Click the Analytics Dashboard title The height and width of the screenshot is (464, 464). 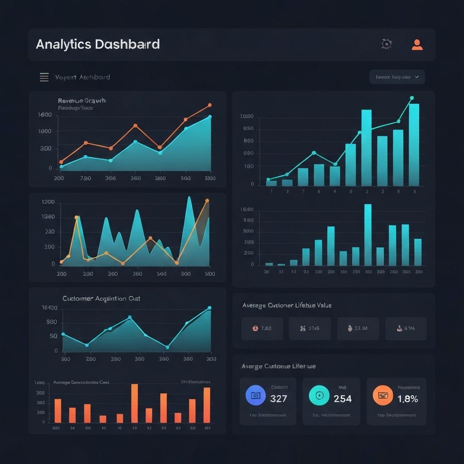pyautogui.click(x=97, y=44)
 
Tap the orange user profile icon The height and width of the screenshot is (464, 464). pyautogui.click(x=417, y=44)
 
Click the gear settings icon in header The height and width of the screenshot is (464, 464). pyautogui.click(x=387, y=44)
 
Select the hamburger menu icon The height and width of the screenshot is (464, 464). pyautogui.click(x=44, y=77)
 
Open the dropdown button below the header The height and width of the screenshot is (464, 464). pyautogui.click(x=397, y=77)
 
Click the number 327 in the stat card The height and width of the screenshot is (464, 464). pyautogui.click(x=278, y=399)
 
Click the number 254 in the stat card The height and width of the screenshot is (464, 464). pyautogui.click(x=343, y=399)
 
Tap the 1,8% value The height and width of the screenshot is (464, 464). pyautogui.click(x=408, y=399)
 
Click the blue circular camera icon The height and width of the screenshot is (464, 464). pyautogui.click(x=255, y=396)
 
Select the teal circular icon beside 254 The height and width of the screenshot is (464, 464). pyautogui.click(x=319, y=396)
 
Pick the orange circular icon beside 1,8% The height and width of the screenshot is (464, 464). pyautogui.click(x=382, y=396)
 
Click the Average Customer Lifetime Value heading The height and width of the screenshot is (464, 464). pyautogui.click(x=287, y=305)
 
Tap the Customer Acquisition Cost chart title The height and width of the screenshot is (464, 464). pyautogui.click(x=101, y=299)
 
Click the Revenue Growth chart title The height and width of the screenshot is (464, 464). pyautogui.click(x=82, y=101)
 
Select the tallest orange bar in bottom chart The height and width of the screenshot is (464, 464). pyautogui.click(x=135, y=403)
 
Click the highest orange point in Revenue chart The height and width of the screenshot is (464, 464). pyautogui.click(x=210, y=105)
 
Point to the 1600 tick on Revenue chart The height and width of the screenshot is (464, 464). pyautogui.click(x=45, y=115)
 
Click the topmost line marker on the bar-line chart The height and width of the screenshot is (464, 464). pyautogui.click(x=411, y=98)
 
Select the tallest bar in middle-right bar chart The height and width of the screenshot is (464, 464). pyautogui.click(x=368, y=235)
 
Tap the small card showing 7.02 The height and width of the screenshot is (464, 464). pyautogui.click(x=262, y=329)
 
